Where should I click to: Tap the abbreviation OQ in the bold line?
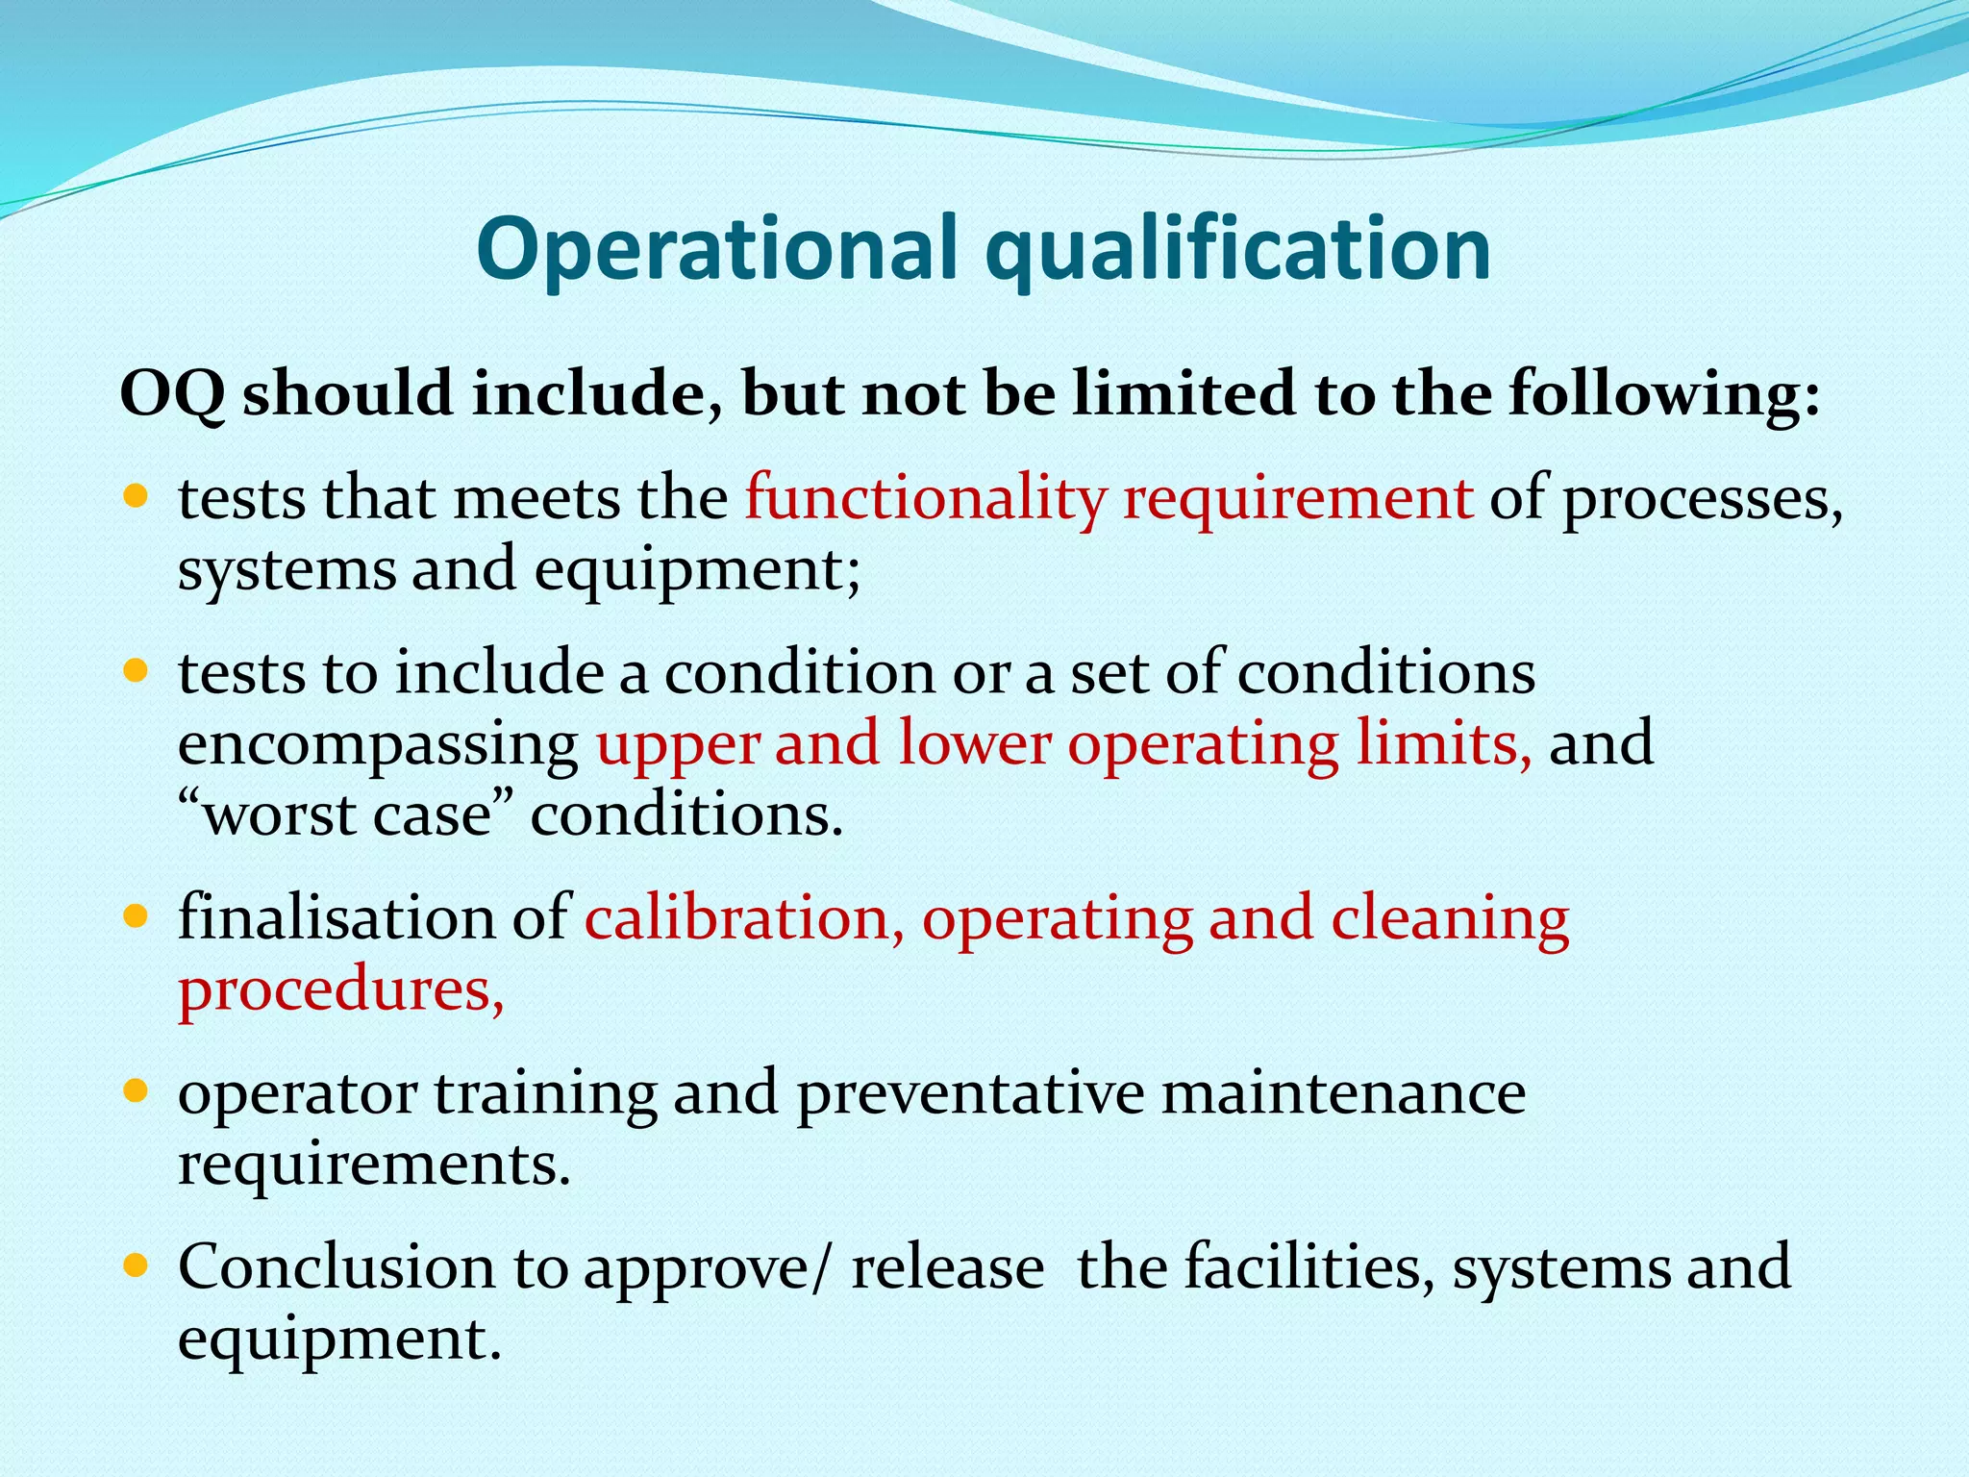coord(172,394)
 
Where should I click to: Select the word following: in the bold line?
coord(1664,394)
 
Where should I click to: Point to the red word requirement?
coord(1298,500)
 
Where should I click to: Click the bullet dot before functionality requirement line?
coord(137,496)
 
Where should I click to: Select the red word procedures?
coord(341,990)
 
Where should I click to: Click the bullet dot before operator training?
coord(137,1090)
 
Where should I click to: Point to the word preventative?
coord(970,1094)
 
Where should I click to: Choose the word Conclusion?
coord(336,1266)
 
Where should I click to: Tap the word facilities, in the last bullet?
coord(1309,1266)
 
